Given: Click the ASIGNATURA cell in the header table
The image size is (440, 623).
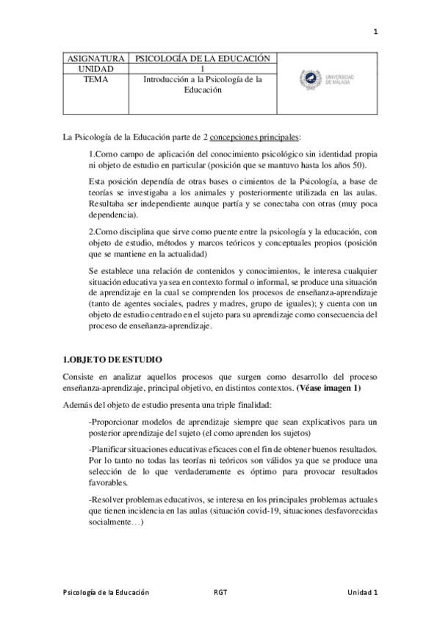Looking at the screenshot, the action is [x=95, y=59].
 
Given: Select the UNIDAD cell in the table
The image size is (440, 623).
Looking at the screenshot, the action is [x=95, y=68].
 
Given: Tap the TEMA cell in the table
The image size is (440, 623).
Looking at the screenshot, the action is [x=95, y=79].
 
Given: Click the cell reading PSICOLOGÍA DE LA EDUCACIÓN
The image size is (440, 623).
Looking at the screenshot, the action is [x=202, y=59].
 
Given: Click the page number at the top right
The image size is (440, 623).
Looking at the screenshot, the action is [x=375, y=32].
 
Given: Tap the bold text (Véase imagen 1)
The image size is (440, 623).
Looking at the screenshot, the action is [x=328, y=386].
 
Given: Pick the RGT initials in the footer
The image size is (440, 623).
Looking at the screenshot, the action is [x=220, y=591].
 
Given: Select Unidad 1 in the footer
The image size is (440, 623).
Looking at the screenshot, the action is [x=363, y=591].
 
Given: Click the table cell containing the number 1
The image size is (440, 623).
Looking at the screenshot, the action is [x=202, y=68].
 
